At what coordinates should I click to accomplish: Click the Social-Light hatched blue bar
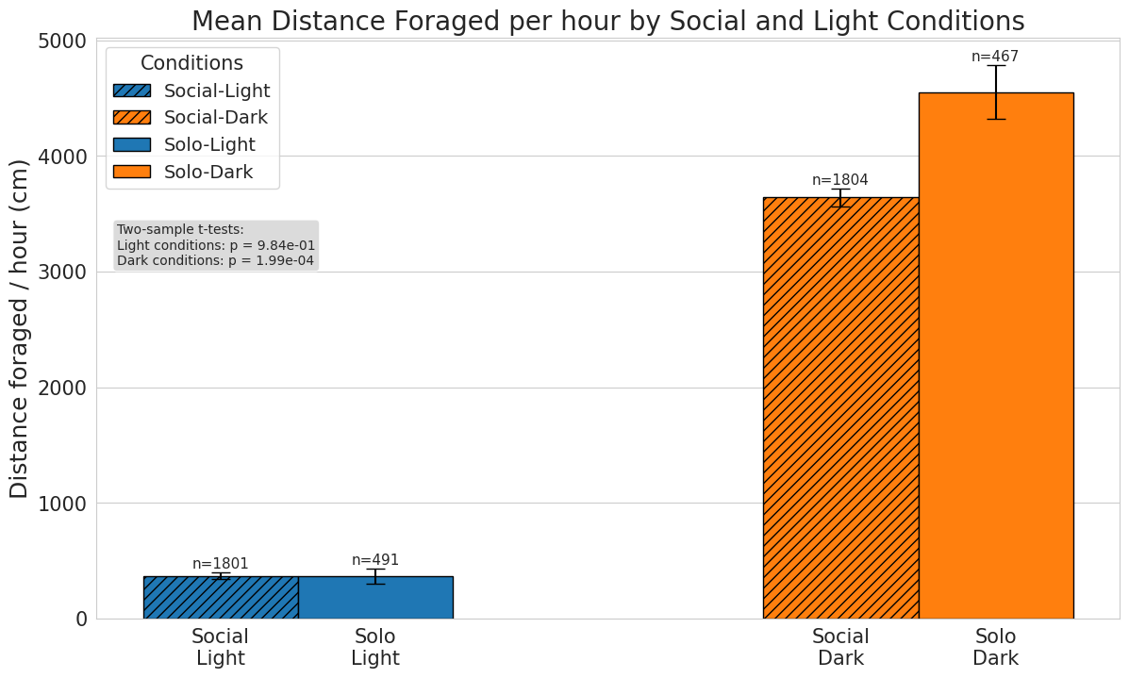[221, 597]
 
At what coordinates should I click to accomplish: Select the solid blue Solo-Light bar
[375, 597]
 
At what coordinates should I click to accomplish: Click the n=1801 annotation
[221, 564]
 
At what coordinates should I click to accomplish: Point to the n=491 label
[375, 560]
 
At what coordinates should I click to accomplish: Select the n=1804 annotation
[840, 180]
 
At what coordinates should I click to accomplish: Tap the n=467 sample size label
[995, 57]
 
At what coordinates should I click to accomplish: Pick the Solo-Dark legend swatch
[131, 172]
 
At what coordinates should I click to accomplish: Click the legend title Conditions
[191, 63]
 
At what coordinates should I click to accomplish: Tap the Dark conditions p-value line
[215, 260]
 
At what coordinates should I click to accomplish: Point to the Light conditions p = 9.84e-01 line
[216, 245]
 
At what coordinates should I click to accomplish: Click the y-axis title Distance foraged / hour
[20, 328]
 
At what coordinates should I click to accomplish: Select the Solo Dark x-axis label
[996, 647]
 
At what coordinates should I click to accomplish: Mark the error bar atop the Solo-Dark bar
[996, 91]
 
